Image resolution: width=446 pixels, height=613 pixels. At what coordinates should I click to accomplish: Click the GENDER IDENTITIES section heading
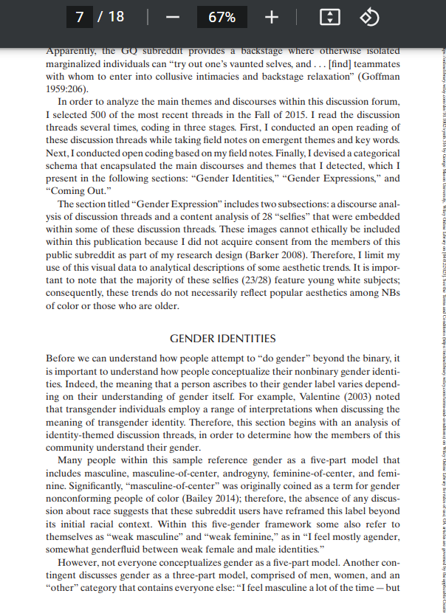[222, 339]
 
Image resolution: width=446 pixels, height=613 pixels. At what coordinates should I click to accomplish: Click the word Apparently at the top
[71, 51]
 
